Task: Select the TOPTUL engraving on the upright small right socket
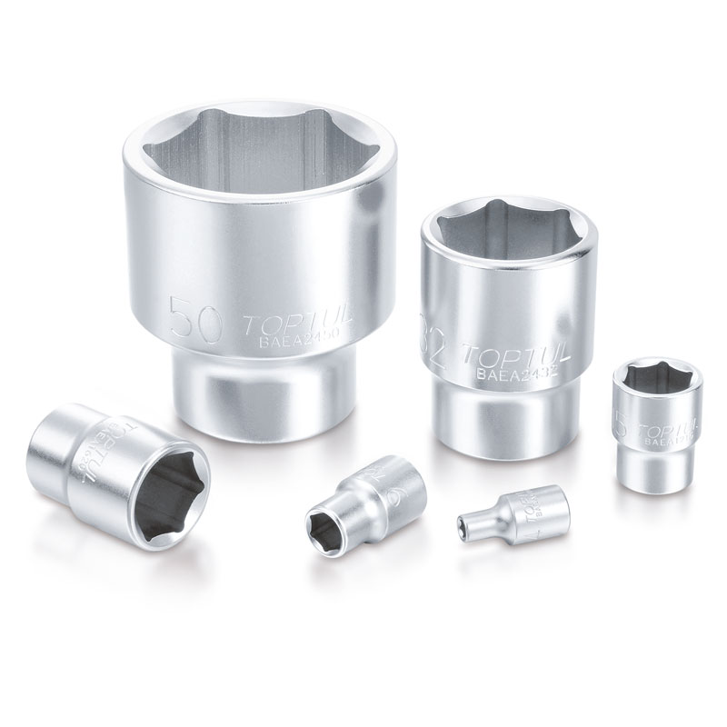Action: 668,427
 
